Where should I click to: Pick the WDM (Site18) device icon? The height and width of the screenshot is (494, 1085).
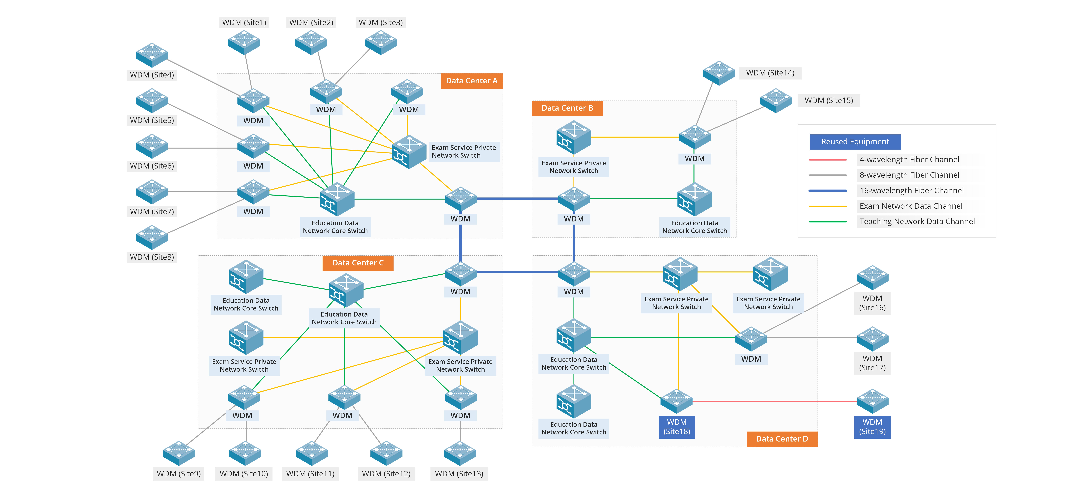point(677,401)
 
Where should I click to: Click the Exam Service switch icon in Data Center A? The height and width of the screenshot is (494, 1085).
point(408,152)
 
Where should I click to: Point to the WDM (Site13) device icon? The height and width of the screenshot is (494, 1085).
point(460,453)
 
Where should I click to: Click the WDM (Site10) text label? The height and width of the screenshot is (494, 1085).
point(244,474)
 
